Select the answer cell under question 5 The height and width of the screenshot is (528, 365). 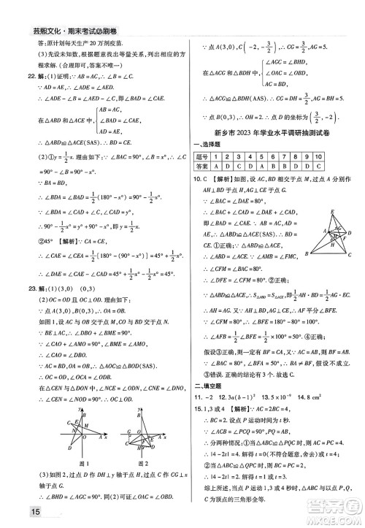[282, 167]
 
